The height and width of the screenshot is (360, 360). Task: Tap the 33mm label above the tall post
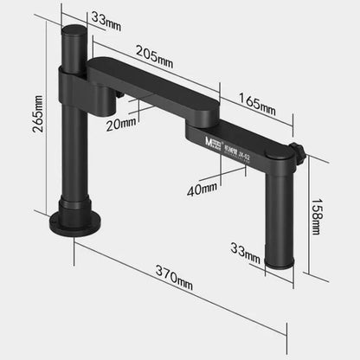[103, 16]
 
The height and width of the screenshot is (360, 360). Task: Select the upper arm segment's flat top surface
[147, 79]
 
